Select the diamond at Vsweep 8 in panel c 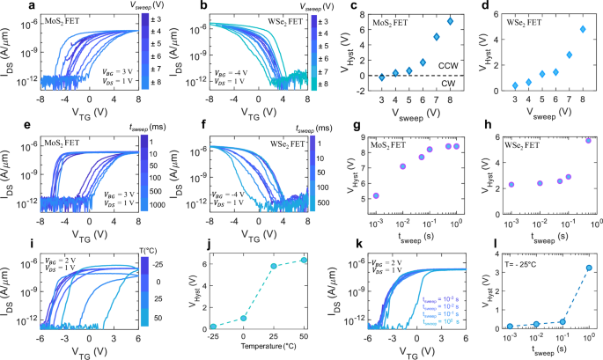click(x=425, y=20)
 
